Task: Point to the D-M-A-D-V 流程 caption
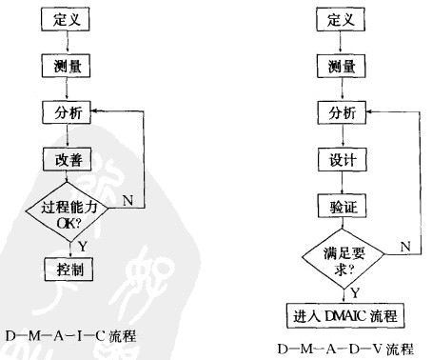[x=345, y=349]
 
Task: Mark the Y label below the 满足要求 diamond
[x=354, y=291]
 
